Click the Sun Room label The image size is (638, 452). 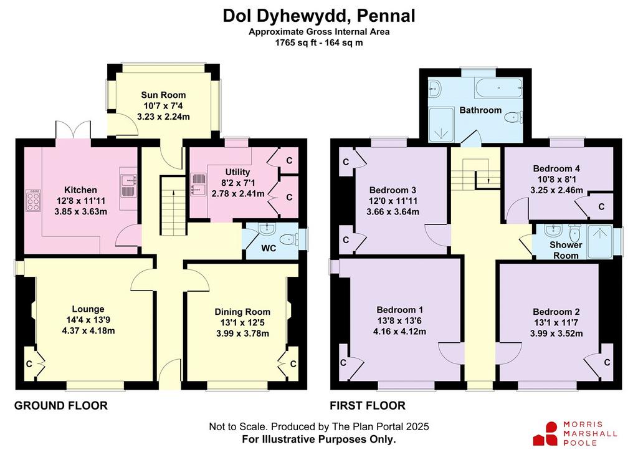[x=163, y=95]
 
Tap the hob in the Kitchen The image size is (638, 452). [x=33, y=200]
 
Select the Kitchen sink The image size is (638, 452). [x=128, y=186]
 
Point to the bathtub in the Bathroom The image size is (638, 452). [x=498, y=88]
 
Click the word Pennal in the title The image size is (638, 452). [x=386, y=16]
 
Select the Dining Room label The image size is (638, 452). [x=242, y=312]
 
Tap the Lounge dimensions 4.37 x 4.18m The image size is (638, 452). [x=88, y=331]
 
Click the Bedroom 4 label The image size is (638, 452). [x=556, y=168]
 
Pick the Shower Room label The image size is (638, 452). [x=566, y=250]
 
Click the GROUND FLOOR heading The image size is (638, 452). [x=61, y=406]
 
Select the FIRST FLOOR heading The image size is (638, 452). [x=368, y=406]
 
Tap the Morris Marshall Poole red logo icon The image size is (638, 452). [x=546, y=433]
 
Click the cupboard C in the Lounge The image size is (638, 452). [x=30, y=363]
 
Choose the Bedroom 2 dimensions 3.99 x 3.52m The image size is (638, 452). [x=556, y=334]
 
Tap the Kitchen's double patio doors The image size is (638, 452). [x=74, y=130]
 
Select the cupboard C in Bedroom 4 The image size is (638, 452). [x=601, y=207]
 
